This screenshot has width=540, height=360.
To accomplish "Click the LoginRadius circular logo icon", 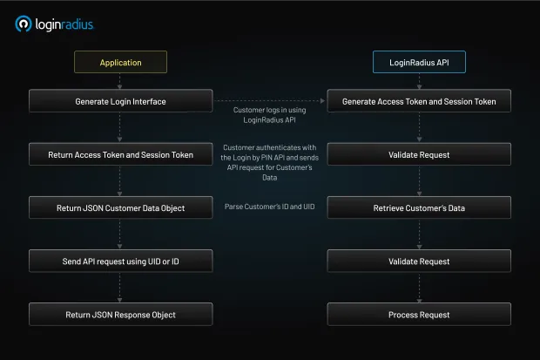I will pos(24,24).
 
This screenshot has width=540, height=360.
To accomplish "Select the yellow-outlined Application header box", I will pos(120,63).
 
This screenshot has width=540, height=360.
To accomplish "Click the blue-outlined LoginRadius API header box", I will pos(418,63).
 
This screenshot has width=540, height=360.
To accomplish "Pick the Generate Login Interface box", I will pos(120,101).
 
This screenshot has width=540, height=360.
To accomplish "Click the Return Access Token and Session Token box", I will pos(120,155).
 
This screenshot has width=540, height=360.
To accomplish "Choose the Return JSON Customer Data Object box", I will pos(120,208).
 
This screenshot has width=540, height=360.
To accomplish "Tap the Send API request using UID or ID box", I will pos(120,262).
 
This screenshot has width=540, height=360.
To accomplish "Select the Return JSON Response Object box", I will pos(120,314).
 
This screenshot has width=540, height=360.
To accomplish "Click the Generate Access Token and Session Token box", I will pos(419,101).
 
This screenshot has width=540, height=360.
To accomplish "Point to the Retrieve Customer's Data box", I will pos(419,208).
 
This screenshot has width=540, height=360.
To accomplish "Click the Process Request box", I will pos(419,314).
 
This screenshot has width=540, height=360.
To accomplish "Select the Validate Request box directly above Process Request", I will pos(419,262).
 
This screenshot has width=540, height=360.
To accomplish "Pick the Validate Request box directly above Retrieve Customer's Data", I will pos(419,155).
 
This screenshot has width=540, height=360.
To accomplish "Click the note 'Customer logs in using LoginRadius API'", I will pos(270,114).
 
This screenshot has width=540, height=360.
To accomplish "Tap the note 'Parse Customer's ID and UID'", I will pos(270,206).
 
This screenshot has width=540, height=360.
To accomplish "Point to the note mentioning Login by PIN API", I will pos(270,162).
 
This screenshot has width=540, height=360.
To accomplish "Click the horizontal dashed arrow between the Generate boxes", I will pos(270,101).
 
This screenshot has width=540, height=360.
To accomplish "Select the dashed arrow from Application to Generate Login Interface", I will pos(120,81).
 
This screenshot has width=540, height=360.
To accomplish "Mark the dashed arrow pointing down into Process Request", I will pos(419,288).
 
